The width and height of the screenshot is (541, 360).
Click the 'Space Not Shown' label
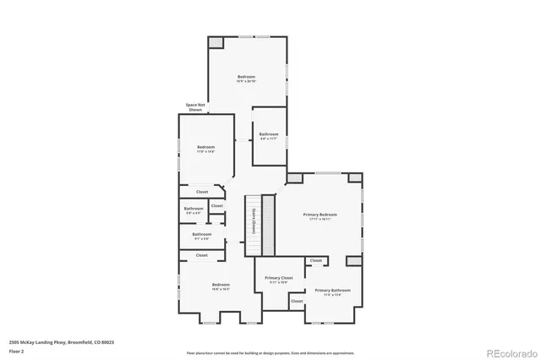pos(195,107)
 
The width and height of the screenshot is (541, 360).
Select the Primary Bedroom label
pos(320,215)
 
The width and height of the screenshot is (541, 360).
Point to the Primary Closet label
pos(278,279)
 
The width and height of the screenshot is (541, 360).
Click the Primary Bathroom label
pos(332,292)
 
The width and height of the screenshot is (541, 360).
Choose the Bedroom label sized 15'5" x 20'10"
pos(246,79)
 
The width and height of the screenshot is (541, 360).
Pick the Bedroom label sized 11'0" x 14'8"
pos(206,149)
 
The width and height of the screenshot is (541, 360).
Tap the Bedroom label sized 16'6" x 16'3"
pos(221,286)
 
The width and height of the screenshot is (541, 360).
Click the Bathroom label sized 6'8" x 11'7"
pos(269,135)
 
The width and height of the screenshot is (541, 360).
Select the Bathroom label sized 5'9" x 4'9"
pos(194,210)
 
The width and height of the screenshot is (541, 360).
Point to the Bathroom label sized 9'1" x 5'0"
pos(201,236)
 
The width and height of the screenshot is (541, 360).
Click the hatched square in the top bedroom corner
pos(216,41)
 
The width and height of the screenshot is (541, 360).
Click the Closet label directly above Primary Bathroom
pos(315,261)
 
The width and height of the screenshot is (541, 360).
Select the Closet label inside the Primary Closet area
pos(297,301)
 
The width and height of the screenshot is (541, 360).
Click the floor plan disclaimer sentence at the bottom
pos(270,352)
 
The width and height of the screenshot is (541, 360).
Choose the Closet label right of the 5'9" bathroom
pos(217,205)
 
